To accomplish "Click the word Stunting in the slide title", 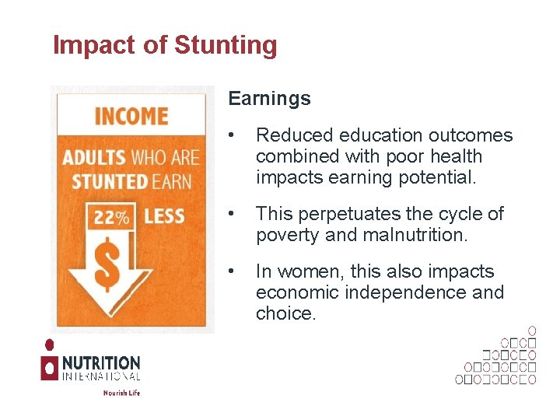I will click(x=226, y=46).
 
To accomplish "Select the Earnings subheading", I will click(x=269, y=99).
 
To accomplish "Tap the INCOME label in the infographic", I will click(x=131, y=117).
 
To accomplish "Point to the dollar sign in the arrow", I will click(x=109, y=264).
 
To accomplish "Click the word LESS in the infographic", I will click(x=164, y=216).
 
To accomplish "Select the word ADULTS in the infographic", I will click(x=93, y=158).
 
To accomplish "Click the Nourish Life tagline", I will click(x=121, y=393).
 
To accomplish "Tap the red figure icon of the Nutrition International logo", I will click(x=49, y=362).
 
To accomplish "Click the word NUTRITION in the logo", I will click(x=101, y=363).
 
